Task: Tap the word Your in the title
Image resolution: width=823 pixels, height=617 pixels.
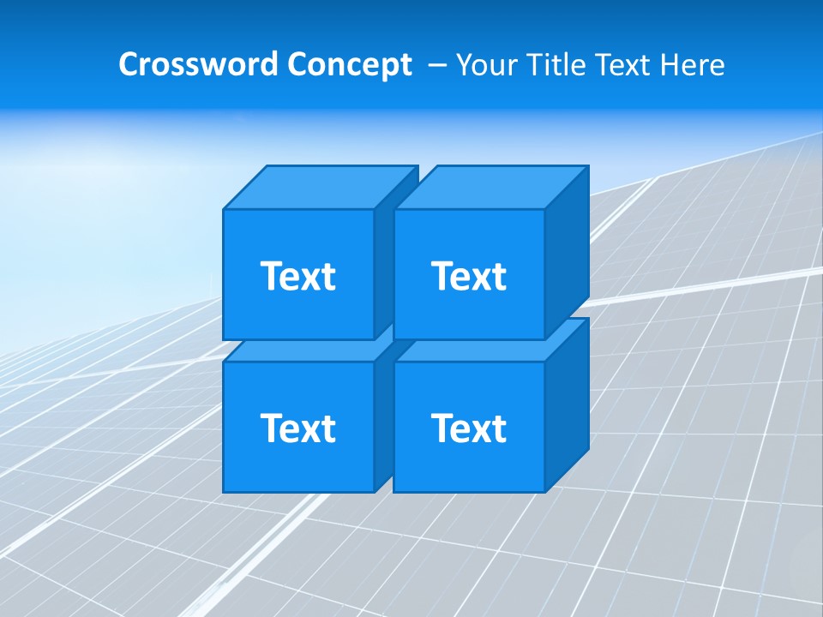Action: [485, 65]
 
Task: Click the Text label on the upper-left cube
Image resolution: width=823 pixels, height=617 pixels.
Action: [297, 276]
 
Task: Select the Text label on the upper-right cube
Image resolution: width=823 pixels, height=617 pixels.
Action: [468, 276]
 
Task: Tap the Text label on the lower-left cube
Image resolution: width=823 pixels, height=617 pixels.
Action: [297, 428]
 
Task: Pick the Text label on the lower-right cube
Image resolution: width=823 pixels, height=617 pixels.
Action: [468, 428]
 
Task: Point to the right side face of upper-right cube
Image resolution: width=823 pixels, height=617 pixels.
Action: [567, 253]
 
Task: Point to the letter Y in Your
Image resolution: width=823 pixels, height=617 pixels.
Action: [464, 65]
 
